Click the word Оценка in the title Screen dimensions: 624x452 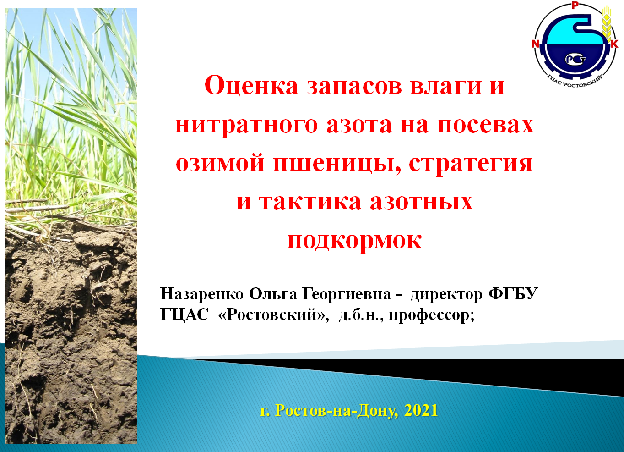pyautogui.click(x=251, y=85)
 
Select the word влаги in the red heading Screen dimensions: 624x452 pyautogui.click(x=446, y=87)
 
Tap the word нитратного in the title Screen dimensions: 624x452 pyautogui.click(x=246, y=125)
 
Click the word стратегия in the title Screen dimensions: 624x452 pyautogui.click(x=471, y=165)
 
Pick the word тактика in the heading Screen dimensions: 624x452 pyautogui.click(x=310, y=202)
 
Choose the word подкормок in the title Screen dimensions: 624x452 pyautogui.click(x=355, y=241)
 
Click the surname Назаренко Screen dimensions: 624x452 pyautogui.click(x=202, y=294)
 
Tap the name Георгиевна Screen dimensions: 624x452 pyautogui.click(x=347, y=294)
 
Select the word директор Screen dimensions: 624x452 pyautogui.click(x=446, y=295)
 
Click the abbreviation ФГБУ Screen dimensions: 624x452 pyautogui.click(x=513, y=293)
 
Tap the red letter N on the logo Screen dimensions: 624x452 pyautogui.click(x=536, y=44)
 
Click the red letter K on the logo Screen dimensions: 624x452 pyautogui.click(x=614, y=44)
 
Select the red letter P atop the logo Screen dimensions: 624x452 pyautogui.click(x=575, y=5)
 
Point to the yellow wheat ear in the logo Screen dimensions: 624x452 pyautogui.click(x=607, y=25)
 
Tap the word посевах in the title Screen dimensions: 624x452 pyautogui.click(x=486, y=125)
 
